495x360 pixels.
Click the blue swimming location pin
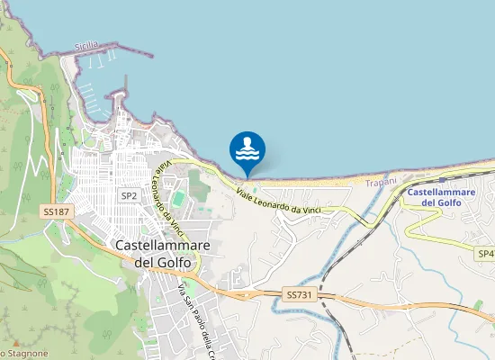tap(247, 150)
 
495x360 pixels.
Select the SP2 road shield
tap(130, 195)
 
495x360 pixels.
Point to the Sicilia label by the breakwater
tap(87, 45)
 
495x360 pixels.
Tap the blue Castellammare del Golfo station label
tap(434, 197)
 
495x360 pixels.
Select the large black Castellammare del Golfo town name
tap(163, 253)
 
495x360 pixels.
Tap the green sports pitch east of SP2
tap(178, 196)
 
